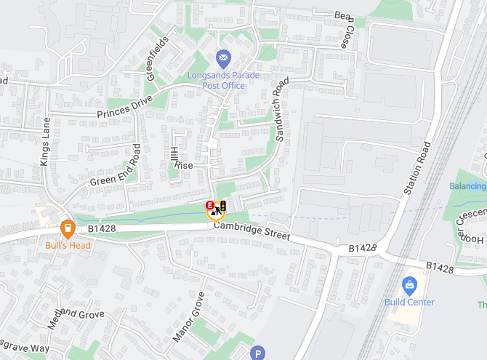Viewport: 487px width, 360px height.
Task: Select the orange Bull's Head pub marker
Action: [68, 229]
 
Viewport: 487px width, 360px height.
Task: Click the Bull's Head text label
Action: [68, 245]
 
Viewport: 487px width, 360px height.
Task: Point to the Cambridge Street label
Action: [251, 232]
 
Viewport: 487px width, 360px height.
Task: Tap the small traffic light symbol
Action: [223, 207]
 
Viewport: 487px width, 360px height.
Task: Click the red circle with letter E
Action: [210, 206]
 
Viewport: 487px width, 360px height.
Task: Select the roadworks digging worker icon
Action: [217, 212]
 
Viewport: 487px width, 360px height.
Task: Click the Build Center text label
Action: [410, 302]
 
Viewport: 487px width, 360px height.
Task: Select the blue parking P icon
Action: [257, 354]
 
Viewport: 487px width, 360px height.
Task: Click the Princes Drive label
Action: [125, 106]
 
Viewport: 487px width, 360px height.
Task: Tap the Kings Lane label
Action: [46, 141]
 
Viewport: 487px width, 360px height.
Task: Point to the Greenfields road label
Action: [158, 51]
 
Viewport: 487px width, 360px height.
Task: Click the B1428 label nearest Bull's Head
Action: [102, 228]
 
